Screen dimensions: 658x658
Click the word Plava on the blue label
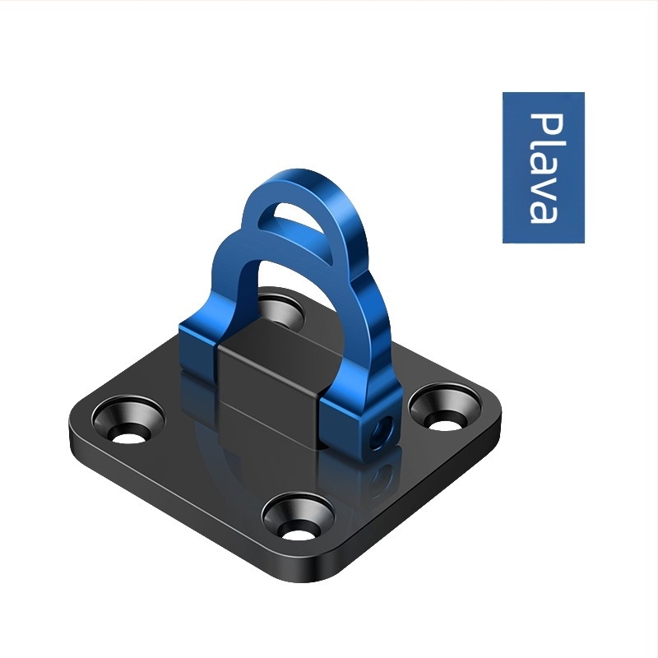tap(544, 168)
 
